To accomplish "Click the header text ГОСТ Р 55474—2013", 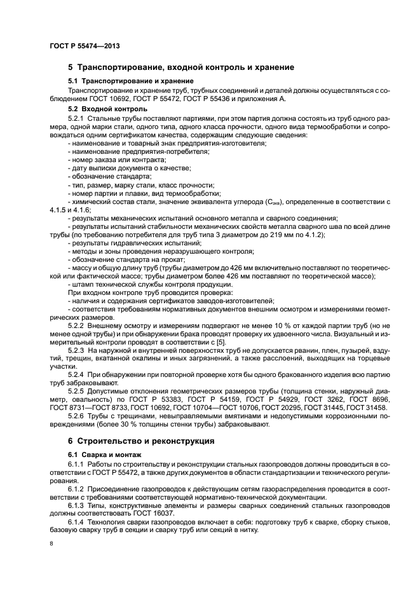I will tap(85, 46).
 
